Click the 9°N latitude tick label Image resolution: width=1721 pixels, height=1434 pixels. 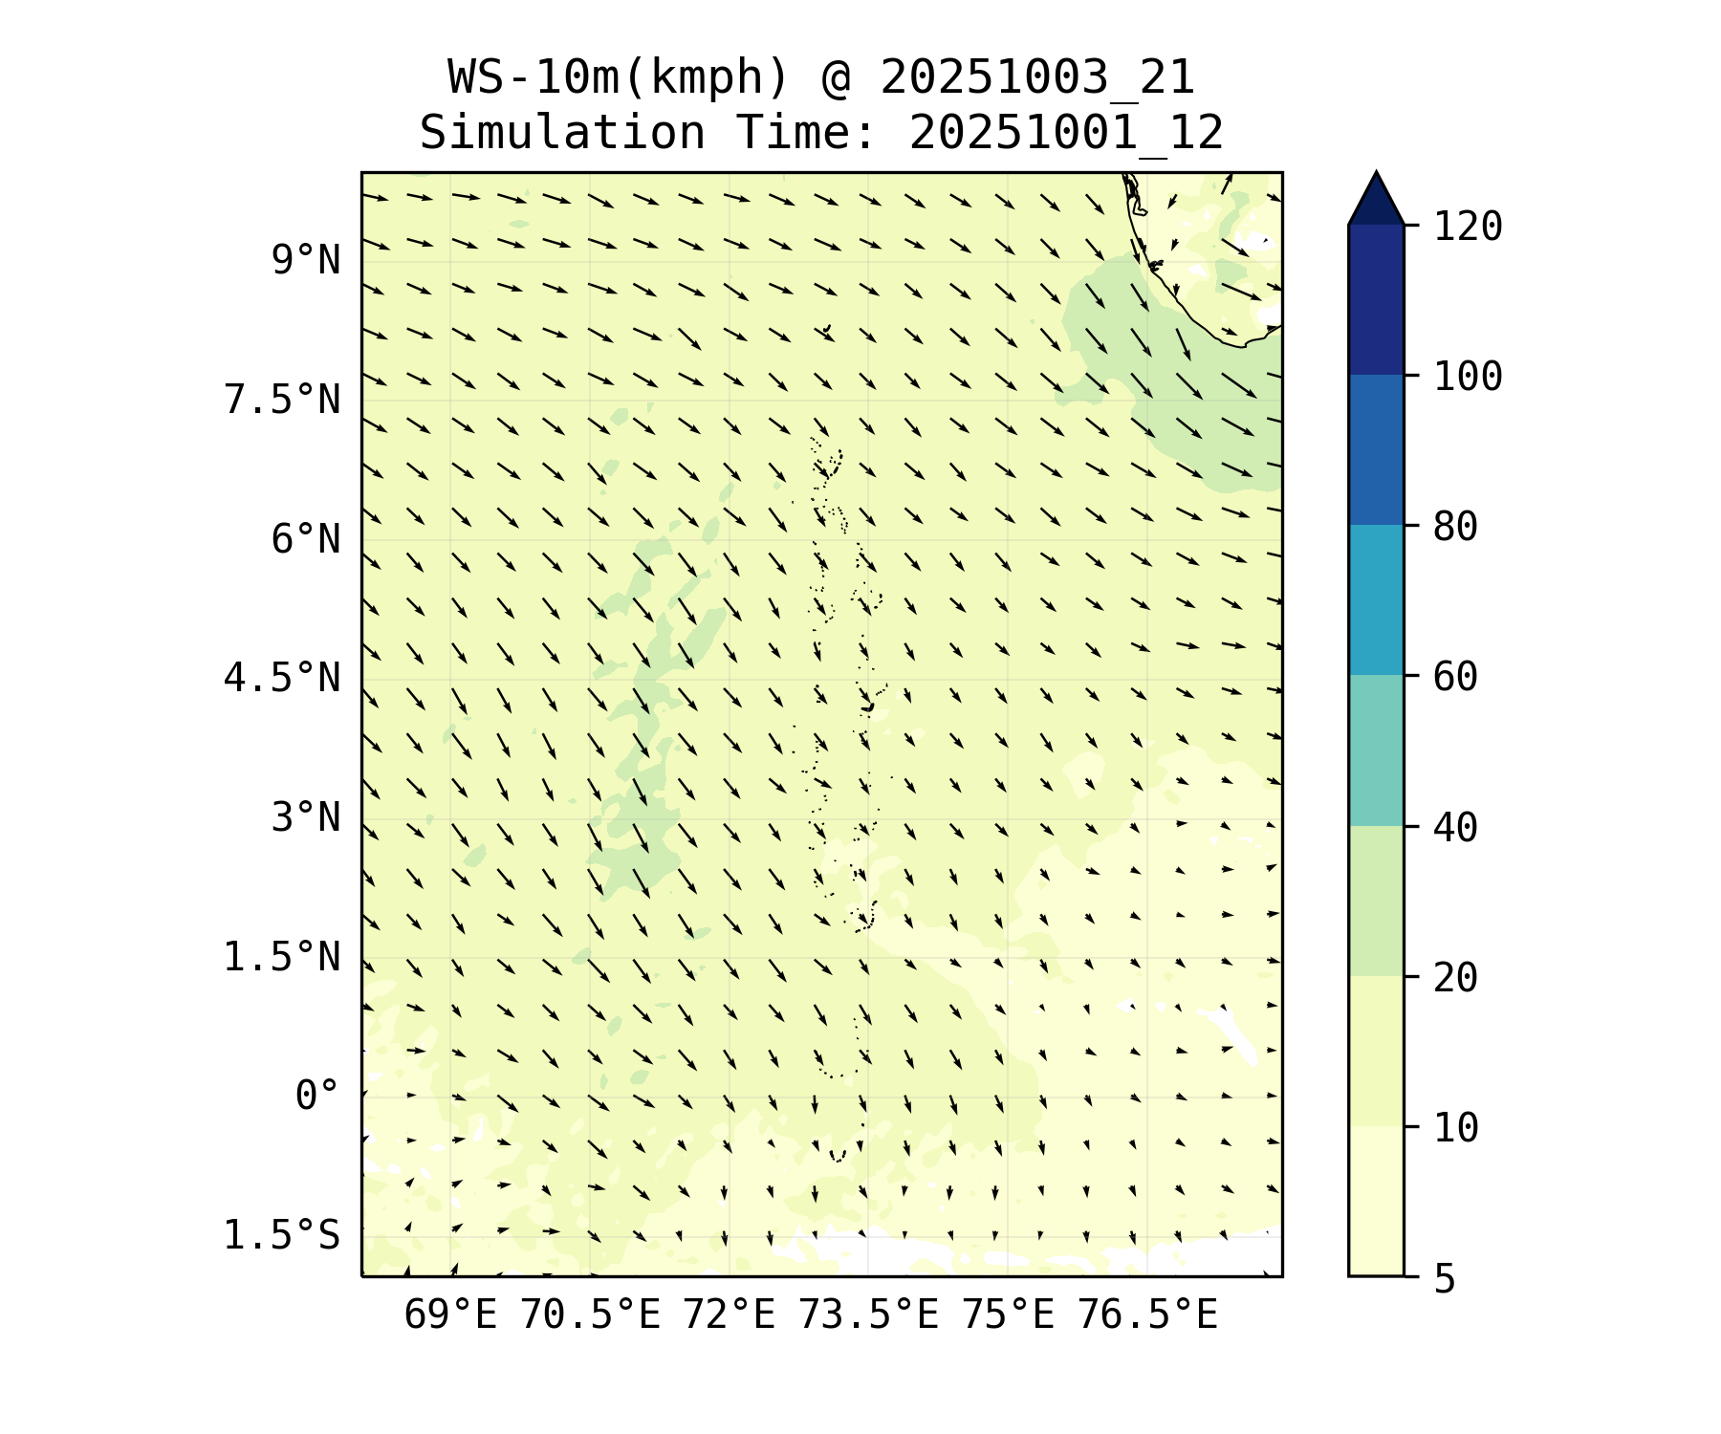[305, 261]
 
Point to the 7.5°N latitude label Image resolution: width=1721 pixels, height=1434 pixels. [281, 400]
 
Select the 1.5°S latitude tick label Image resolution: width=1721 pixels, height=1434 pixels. [281, 1235]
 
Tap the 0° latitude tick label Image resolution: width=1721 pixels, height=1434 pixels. [316, 1096]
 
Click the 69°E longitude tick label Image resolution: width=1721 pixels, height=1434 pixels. [450, 1315]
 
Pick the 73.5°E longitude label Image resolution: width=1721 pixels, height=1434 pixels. [868, 1315]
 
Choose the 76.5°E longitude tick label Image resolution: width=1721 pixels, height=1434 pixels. [1147, 1315]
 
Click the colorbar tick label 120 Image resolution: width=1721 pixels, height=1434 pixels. [1468, 228]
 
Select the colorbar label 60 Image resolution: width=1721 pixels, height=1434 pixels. [1455, 677]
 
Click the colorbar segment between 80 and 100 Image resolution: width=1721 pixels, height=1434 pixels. [1376, 449]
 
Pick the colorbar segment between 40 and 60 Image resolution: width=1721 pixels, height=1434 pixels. [1376, 750]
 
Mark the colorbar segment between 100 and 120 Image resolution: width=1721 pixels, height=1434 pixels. [1376, 299]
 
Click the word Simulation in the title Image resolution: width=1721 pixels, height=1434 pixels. [562, 133]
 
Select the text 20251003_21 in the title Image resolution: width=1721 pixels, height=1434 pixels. [1037, 77]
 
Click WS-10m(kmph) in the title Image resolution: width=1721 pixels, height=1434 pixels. [619, 77]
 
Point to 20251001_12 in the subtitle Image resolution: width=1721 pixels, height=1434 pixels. [1066, 133]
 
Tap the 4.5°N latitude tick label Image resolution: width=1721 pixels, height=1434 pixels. [281, 679]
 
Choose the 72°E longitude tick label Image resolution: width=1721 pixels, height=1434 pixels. [729, 1315]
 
